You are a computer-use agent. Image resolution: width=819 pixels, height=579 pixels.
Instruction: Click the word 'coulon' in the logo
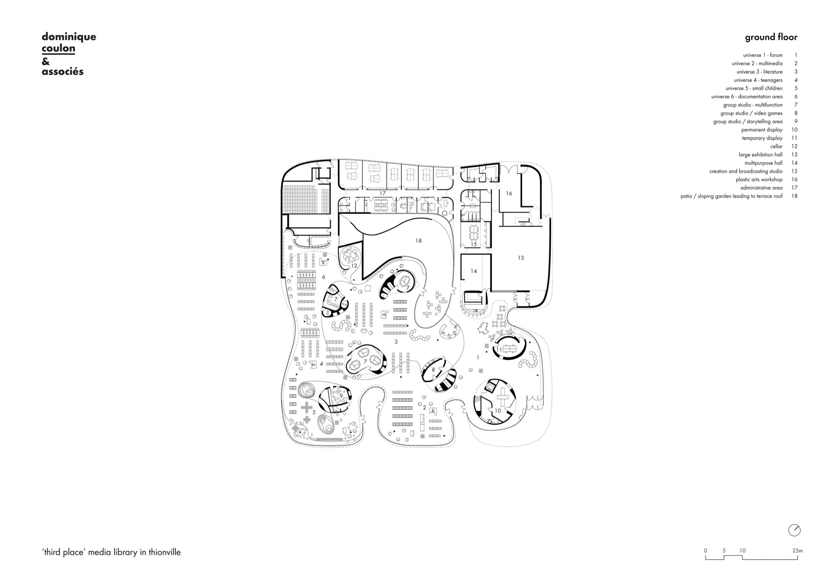click(x=59, y=48)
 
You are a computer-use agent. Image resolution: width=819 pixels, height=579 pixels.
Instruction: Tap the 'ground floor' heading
click(x=771, y=37)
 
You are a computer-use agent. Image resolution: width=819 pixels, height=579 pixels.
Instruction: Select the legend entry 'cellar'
click(x=776, y=146)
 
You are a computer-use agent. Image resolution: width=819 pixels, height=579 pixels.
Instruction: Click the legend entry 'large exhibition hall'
click(x=760, y=154)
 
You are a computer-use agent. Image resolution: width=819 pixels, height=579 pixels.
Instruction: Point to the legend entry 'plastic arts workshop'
click(x=759, y=179)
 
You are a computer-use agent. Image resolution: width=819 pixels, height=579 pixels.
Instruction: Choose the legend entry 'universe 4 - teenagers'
click(x=758, y=80)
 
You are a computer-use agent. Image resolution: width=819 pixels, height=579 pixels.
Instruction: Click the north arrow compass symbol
click(x=794, y=530)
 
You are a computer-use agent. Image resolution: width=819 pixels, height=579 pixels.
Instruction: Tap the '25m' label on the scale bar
click(x=797, y=551)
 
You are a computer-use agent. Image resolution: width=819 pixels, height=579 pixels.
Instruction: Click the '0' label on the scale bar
click(x=705, y=551)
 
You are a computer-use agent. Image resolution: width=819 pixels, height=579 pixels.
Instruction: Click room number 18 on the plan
click(x=418, y=241)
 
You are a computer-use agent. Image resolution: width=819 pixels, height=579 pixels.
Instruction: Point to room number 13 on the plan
click(x=520, y=258)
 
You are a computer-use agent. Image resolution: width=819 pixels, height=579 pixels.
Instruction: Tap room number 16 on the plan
click(x=509, y=193)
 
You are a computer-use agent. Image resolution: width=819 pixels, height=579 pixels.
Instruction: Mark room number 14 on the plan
click(x=473, y=271)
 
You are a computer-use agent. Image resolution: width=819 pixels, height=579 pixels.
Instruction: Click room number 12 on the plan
click(x=354, y=266)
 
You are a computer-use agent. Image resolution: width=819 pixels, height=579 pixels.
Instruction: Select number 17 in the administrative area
click(x=382, y=193)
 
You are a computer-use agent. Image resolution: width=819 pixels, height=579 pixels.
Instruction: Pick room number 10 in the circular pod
click(x=498, y=410)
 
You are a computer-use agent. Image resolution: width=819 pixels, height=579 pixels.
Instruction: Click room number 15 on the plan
click(x=473, y=244)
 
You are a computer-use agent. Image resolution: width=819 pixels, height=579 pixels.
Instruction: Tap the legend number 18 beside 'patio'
click(x=794, y=196)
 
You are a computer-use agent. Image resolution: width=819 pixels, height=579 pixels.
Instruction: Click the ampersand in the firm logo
click(x=45, y=61)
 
